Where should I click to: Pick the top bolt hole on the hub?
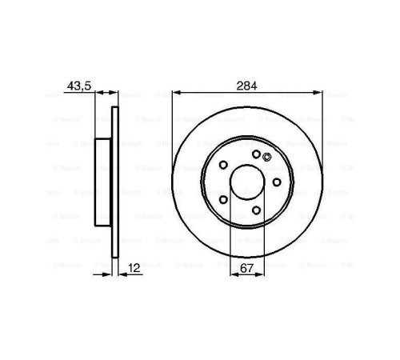255,154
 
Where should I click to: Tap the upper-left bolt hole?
223,165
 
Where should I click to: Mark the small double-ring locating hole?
266,158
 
